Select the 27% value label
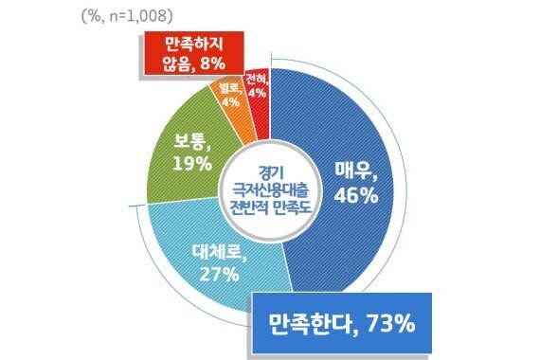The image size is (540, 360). click(x=217, y=274)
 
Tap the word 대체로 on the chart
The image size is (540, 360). click(x=217, y=254)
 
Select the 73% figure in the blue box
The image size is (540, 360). click(x=387, y=325)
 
